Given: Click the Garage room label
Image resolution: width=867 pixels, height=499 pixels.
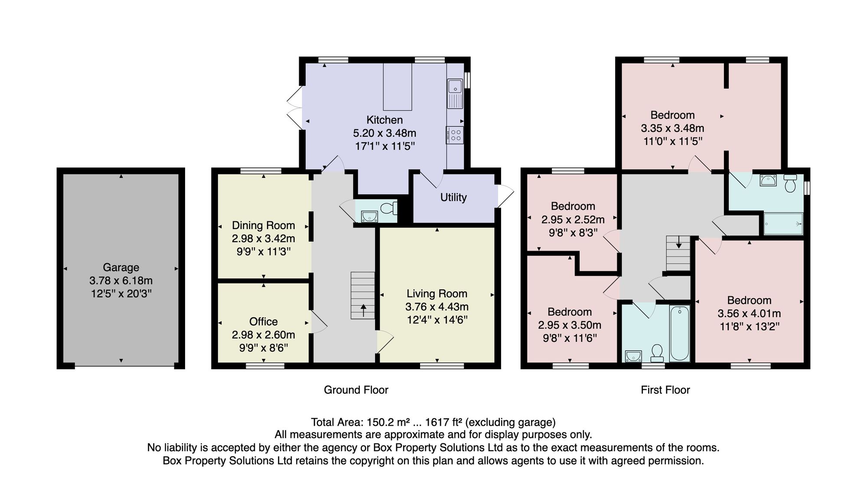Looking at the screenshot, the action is (121, 267).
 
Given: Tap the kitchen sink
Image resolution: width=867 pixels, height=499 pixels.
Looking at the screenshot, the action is (455, 94).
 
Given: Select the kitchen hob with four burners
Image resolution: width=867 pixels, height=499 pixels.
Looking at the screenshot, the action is (455, 135).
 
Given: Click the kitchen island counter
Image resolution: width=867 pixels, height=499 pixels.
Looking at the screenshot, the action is (398, 87).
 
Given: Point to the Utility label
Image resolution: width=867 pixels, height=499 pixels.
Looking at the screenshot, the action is (453, 197).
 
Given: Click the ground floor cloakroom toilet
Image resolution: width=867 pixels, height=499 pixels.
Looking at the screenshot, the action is (389, 208).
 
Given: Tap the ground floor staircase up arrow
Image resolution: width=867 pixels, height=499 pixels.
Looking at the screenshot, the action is (363, 310).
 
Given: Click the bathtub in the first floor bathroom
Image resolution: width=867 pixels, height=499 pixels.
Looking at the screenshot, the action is (680, 333).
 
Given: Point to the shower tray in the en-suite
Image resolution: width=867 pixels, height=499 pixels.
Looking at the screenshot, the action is (783, 224).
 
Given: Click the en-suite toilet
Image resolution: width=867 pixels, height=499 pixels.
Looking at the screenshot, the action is (790, 183).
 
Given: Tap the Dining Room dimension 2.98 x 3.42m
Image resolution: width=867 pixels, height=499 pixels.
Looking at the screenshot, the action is (264, 238).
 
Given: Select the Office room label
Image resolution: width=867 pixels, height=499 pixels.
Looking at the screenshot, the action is (264, 322).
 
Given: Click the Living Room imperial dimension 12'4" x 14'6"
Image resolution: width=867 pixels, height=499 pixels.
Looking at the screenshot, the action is (437, 320).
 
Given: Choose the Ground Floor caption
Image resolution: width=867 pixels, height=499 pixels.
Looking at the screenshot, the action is (356, 390).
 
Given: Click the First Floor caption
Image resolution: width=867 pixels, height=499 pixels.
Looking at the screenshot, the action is (665, 390).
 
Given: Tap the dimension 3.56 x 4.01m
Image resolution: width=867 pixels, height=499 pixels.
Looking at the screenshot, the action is (749, 313).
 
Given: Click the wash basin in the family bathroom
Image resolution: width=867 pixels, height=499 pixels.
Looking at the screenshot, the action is (633, 356).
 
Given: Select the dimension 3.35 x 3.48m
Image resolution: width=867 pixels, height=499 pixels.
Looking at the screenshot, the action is (672, 128).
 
